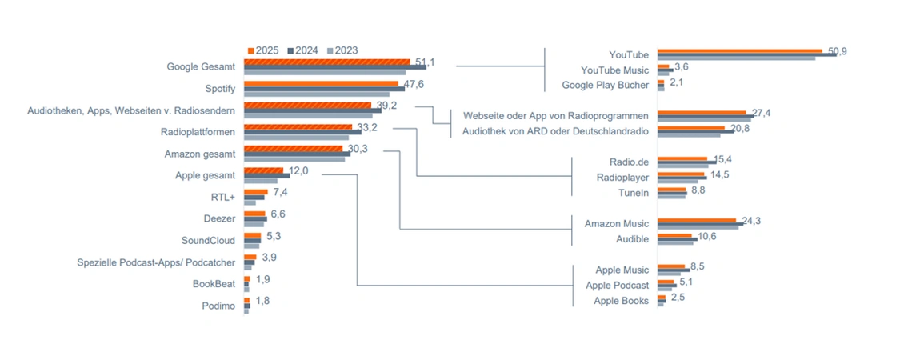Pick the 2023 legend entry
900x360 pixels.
click(342, 50)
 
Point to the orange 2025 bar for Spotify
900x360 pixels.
click(321, 83)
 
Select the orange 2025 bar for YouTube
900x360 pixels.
click(739, 50)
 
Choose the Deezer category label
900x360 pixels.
click(219, 218)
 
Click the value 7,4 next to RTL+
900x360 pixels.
click(280, 192)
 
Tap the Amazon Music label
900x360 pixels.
click(617, 223)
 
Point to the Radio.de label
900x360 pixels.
click(629, 162)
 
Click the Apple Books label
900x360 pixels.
click(621, 301)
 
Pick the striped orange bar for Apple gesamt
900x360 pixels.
click(263, 170)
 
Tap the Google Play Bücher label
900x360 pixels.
click(605, 85)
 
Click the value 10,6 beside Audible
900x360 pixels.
click(706, 236)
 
